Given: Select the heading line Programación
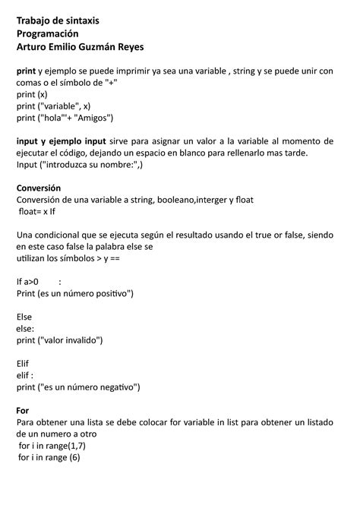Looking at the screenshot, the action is (x=47, y=33).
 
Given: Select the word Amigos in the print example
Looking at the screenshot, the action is (x=92, y=118).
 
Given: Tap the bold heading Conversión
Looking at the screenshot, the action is (x=38, y=188).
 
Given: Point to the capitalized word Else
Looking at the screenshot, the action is (x=24, y=316).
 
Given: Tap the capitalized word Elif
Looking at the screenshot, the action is (x=24, y=364).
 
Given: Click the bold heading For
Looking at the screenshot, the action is (x=23, y=411).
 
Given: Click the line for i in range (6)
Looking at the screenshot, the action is (x=49, y=458).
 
